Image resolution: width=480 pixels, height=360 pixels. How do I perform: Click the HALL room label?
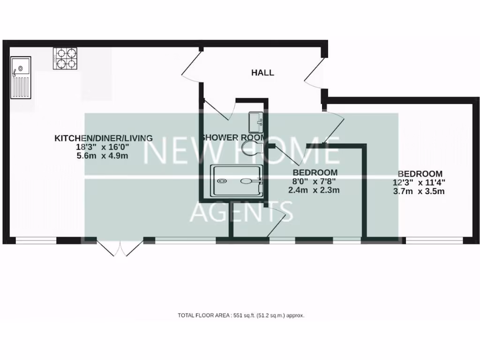tap(262, 73)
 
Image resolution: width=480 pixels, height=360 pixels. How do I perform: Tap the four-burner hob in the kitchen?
tap(65, 59)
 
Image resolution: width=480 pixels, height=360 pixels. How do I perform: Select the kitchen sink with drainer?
tap(21, 78)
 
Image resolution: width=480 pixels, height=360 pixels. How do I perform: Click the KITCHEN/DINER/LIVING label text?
tap(104, 138)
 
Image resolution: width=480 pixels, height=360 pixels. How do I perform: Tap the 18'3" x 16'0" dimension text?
tap(103, 147)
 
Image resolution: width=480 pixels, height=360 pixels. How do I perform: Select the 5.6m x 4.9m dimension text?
tap(102, 156)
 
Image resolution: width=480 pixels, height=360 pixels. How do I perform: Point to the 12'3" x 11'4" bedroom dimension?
tap(419, 182)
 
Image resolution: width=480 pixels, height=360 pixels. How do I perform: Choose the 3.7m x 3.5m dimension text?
tap(419, 191)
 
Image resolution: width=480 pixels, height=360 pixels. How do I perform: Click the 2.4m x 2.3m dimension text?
tap(314, 190)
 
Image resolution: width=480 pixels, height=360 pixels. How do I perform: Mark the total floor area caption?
tap(241, 315)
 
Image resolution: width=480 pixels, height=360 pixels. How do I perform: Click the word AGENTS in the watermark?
tap(241, 211)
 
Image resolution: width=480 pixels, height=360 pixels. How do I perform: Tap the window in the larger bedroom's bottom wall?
tap(434, 241)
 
